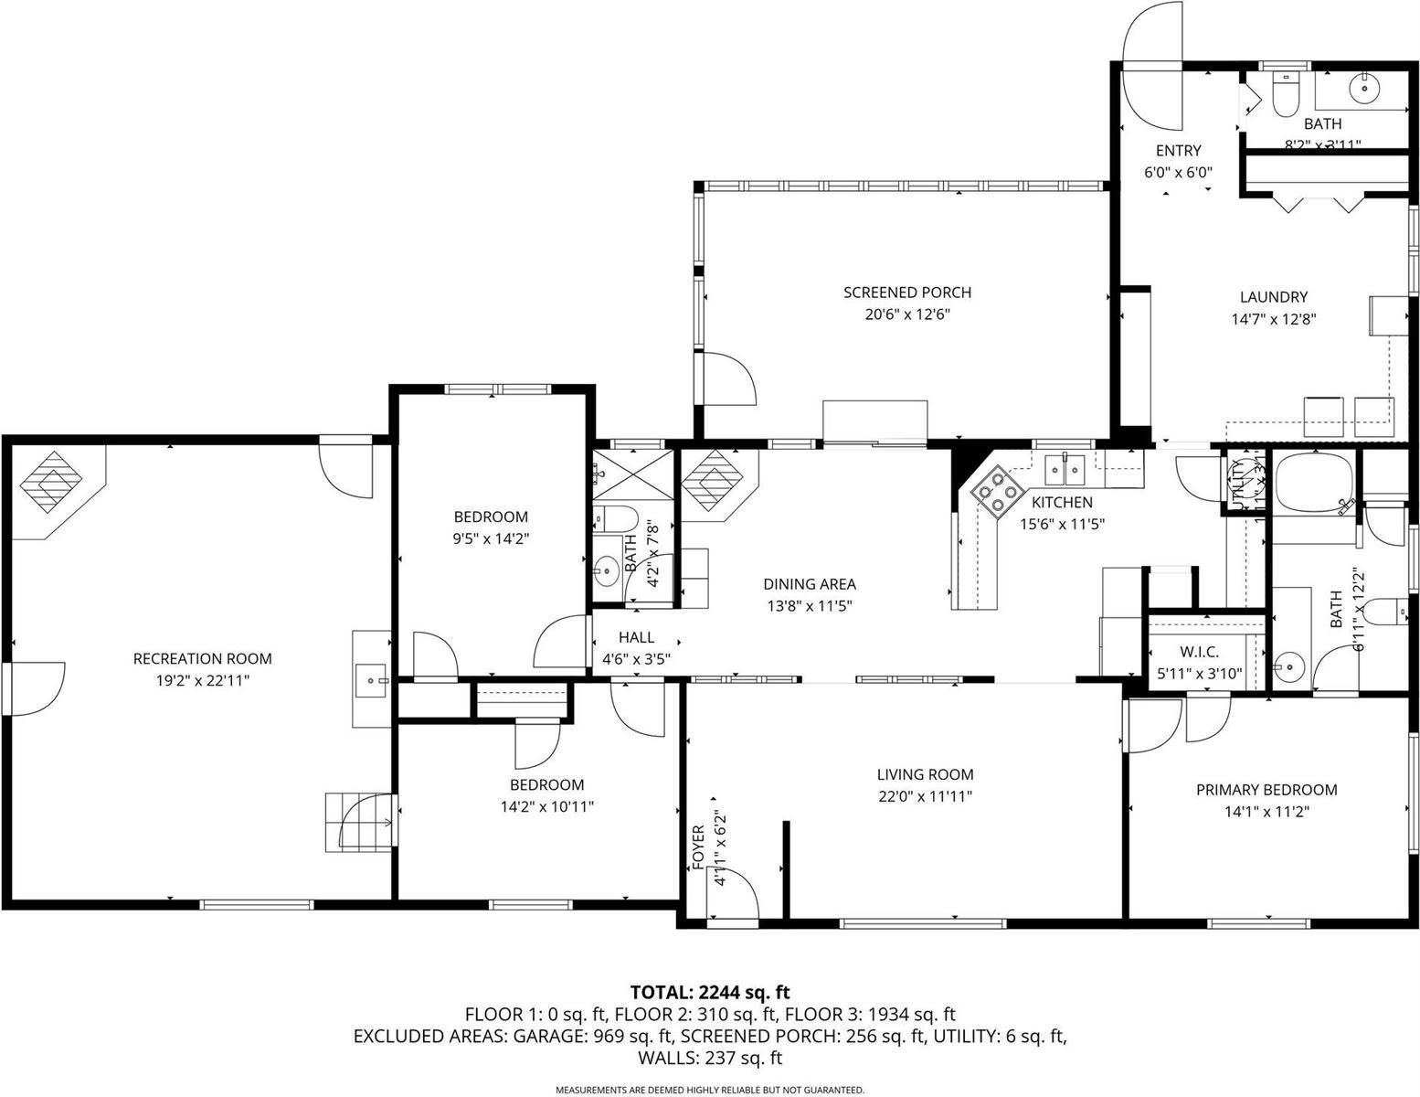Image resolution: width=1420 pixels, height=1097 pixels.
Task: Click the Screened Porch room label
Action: pyautogui.click(x=906, y=293)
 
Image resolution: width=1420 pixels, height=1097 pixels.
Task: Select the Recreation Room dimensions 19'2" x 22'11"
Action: pyautogui.click(x=202, y=680)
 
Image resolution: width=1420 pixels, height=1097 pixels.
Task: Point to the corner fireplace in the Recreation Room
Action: pyautogui.click(x=53, y=481)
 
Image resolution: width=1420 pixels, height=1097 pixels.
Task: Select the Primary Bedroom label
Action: pyautogui.click(x=1266, y=790)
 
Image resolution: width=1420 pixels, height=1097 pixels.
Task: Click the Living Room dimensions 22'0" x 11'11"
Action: pyautogui.click(x=924, y=796)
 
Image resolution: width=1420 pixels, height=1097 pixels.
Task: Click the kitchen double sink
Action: pyautogui.click(x=1065, y=470)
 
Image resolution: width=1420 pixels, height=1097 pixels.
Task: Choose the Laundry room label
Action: pyautogui.click(x=1273, y=297)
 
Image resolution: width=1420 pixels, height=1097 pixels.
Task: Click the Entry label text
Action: pyautogui.click(x=1178, y=151)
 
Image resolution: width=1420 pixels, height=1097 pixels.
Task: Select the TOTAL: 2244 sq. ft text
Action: pyautogui.click(x=710, y=992)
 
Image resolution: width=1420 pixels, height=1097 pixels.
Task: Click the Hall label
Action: pyautogui.click(x=636, y=637)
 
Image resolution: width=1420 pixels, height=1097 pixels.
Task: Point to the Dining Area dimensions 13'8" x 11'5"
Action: pyautogui.click(x=809, y=605)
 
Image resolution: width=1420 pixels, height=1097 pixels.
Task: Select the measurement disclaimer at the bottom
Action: pyautogui.click(x=710, y=1090)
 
